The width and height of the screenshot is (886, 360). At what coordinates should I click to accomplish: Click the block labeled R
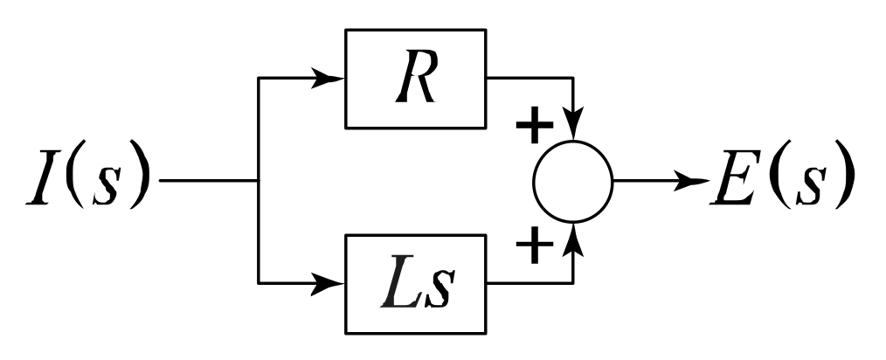415,78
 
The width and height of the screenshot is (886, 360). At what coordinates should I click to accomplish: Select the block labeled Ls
415,284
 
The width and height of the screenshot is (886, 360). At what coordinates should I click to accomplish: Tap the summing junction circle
572,181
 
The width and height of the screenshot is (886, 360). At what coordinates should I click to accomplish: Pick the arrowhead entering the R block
330,78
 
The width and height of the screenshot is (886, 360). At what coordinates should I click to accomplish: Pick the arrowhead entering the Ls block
330,284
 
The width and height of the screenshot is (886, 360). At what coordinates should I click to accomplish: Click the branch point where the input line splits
259,182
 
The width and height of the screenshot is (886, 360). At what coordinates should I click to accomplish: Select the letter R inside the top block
415,80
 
